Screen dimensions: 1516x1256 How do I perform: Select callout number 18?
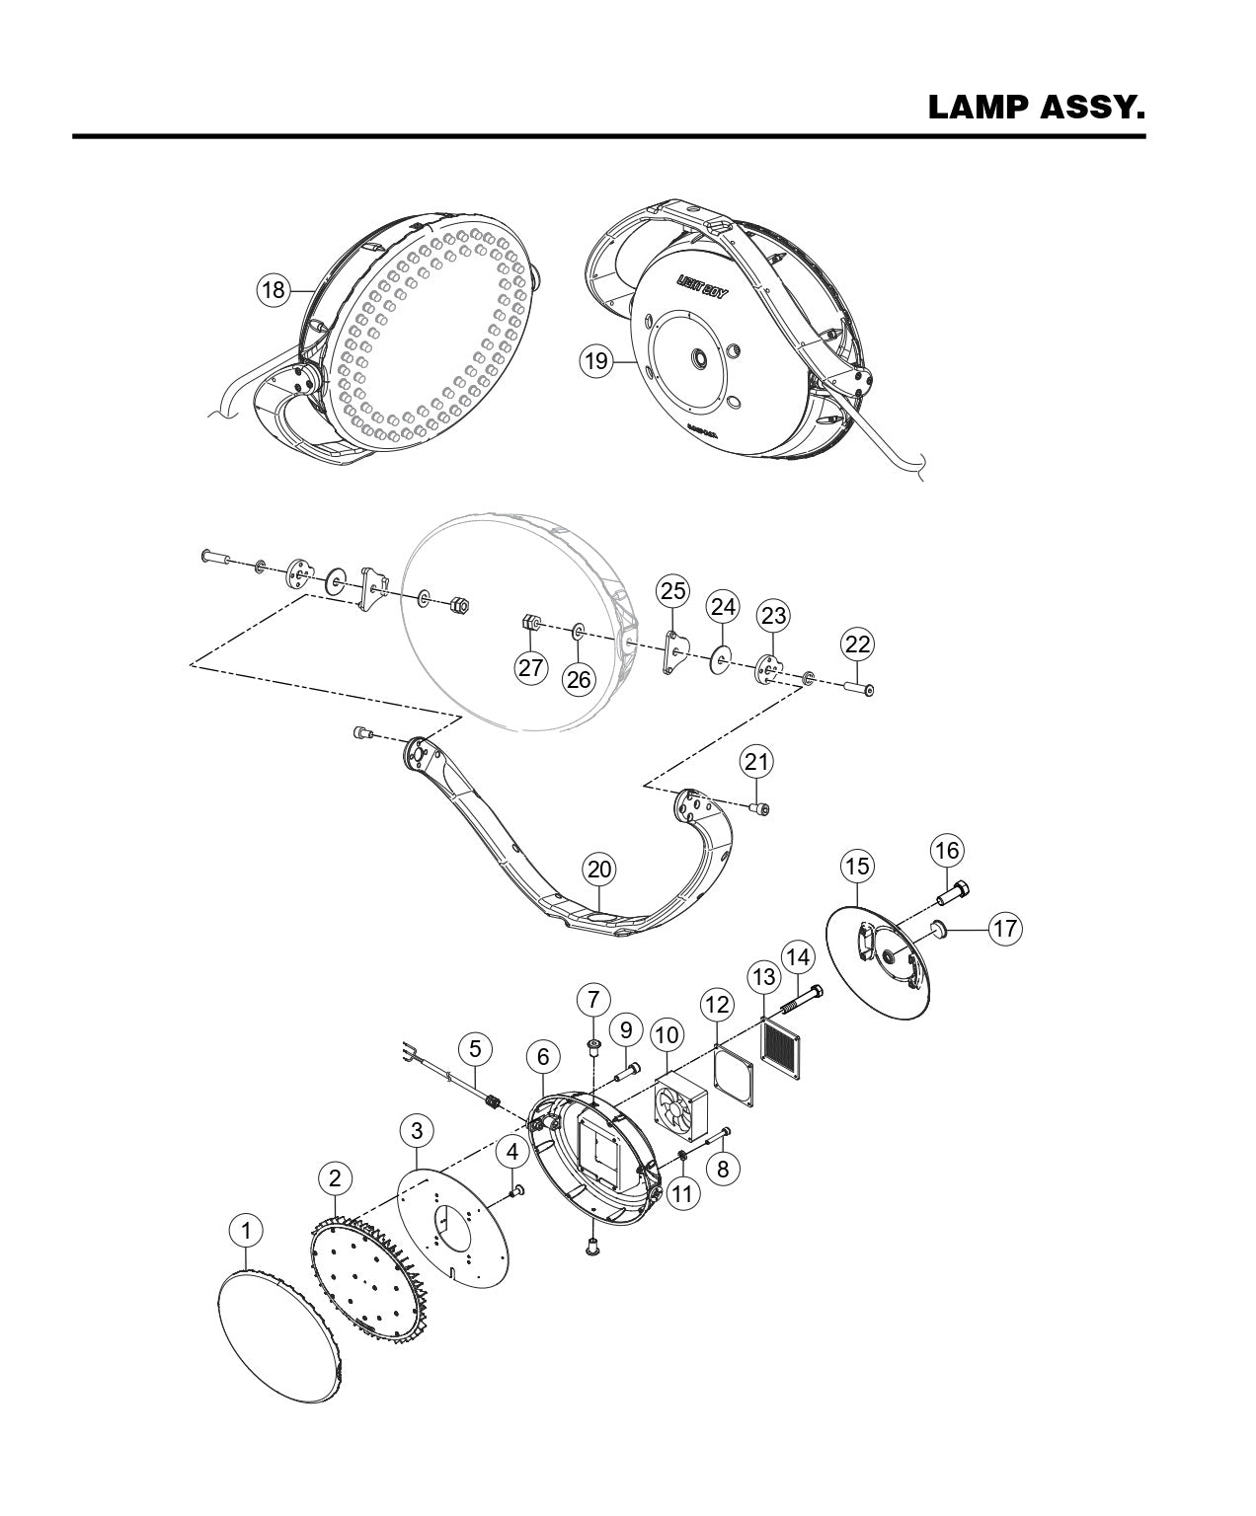pyautogui.click(x=274, y=289)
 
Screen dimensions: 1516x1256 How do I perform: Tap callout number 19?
pyautogui.click(x=595, y=361)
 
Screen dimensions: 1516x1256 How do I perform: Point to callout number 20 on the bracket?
pyautogui.click(x=599, y=870)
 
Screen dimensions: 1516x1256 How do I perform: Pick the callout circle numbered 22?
pyautogui.click(x=858, y=645)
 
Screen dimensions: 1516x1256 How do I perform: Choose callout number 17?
pyautogui.click(x=1005, y=928)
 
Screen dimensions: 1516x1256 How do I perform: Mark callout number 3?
pyautogui.click(x=418, y=1130)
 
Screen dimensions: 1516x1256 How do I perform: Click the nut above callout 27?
pyautogui.click(x=530, y=623)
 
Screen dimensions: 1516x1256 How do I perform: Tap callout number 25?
pyautogui.click(x=673, y=591)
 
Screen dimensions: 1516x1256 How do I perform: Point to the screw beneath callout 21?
pyautogui.click(x=759, y=809)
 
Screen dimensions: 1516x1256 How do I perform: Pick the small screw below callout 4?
pyautogui.click(x=513, y=1193)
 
